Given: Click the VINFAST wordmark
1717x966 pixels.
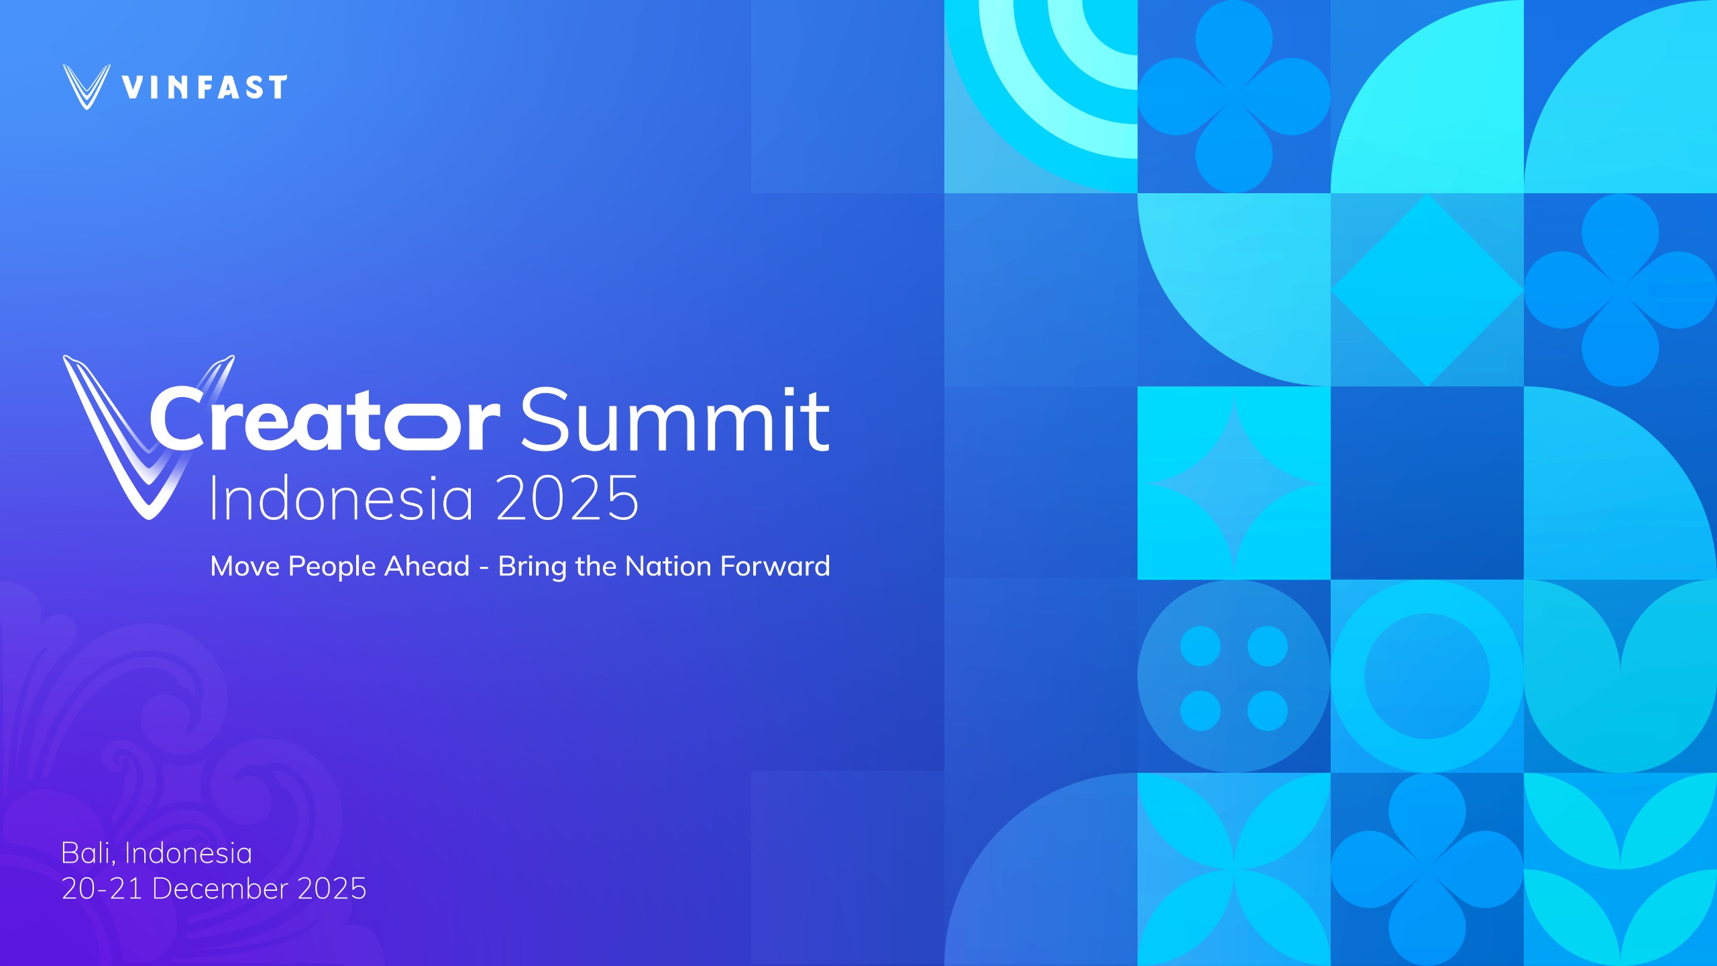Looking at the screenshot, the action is click(x=205, y=87).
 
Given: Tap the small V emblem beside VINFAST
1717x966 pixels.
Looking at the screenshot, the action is click(x=87, y=87).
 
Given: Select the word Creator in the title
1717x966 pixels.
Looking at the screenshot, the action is click(x=325, y=419).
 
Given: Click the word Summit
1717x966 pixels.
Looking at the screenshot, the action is click(x=675, y=419).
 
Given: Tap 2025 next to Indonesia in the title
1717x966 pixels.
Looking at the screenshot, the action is click(x=567, y=498).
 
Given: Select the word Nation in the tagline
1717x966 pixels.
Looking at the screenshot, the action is click(x=668, y=566).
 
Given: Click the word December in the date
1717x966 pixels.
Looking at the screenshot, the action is click(x=220, y=889).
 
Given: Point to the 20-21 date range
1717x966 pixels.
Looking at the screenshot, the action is click(x=102, y=889).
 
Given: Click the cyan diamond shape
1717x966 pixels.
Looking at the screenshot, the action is click(x=1427, y=290).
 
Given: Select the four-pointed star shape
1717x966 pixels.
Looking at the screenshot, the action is click(x=1234, y=483).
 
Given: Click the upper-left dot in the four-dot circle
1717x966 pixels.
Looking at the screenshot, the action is click(x=1201, y=646).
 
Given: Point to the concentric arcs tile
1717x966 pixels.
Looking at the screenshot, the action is click(x=1041, y=97).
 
